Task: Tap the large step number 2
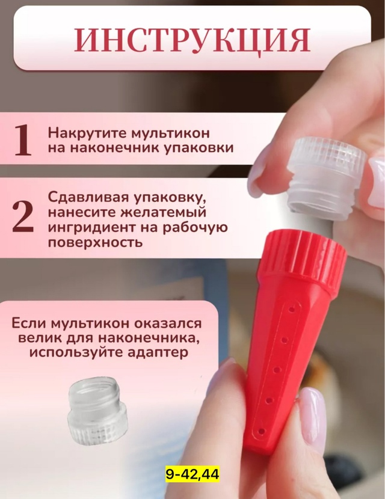point(23,217)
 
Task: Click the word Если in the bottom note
point(28,323)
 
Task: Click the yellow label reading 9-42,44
point(192,475)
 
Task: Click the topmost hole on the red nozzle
point(292,308)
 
